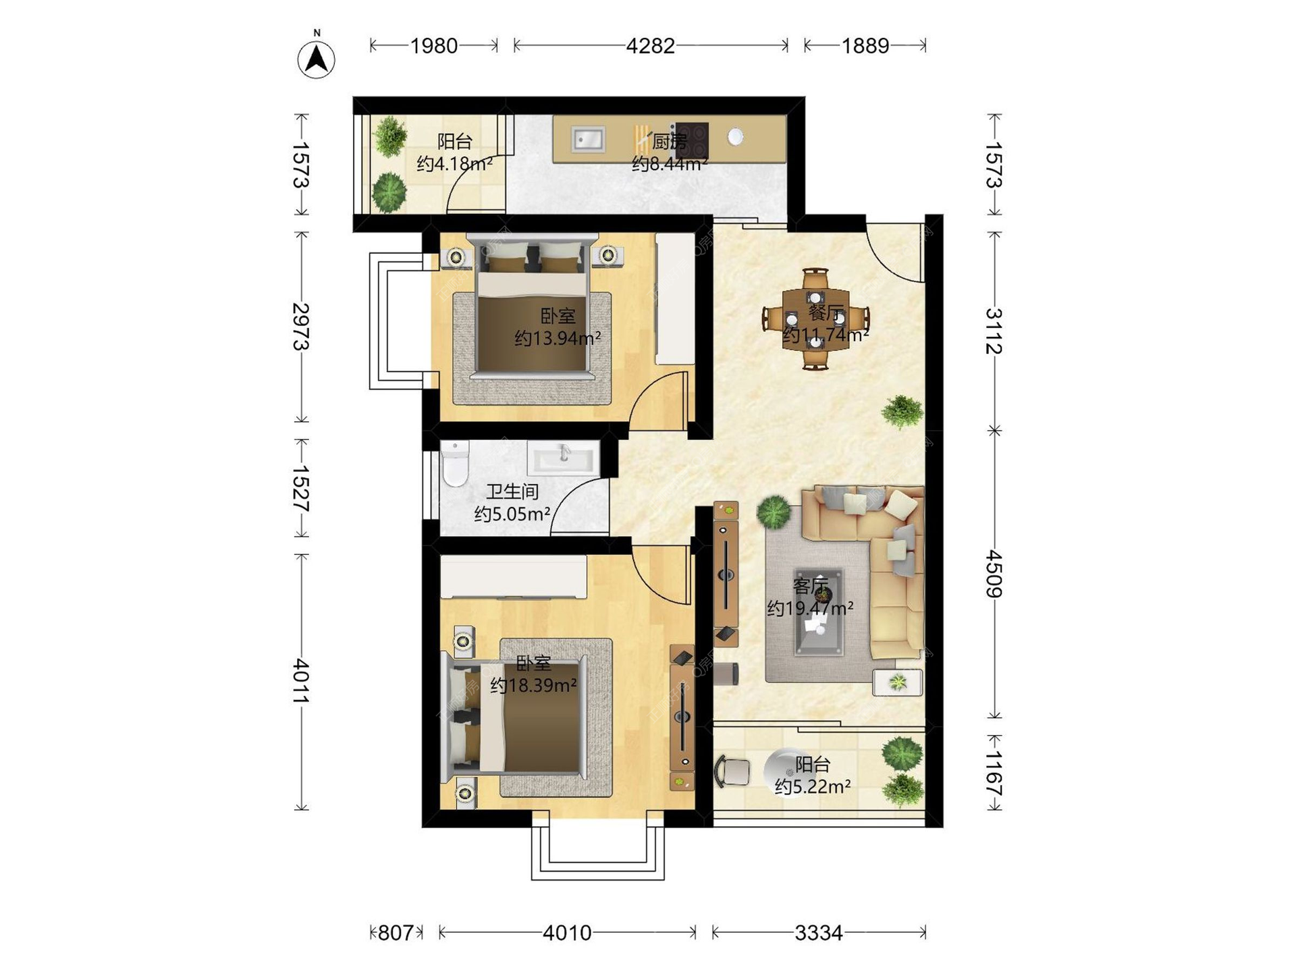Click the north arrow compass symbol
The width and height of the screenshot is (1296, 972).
tap(316, 59)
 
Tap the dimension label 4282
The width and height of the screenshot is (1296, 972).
tap(650, 46)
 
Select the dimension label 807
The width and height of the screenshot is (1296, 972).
tap(395, 933)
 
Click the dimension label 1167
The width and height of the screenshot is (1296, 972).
tap(994, 773)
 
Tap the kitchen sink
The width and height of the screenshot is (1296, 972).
tap(589, 139)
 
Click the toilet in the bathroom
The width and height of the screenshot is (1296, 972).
tap(455, 464)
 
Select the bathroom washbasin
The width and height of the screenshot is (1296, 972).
tap(564, 458)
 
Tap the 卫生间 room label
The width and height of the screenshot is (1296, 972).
tap(512, 491)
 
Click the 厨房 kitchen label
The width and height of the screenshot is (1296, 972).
tap(669, 141)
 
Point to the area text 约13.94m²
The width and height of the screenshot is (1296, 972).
tap(558, 337)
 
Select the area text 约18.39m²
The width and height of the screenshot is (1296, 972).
tap(533, 685)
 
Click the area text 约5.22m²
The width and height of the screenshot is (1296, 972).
tap(812, 786)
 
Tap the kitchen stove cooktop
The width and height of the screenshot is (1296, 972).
tap(693, 140)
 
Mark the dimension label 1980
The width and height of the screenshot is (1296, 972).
tap(434, 46)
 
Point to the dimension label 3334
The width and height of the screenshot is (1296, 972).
tap(818, 933)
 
